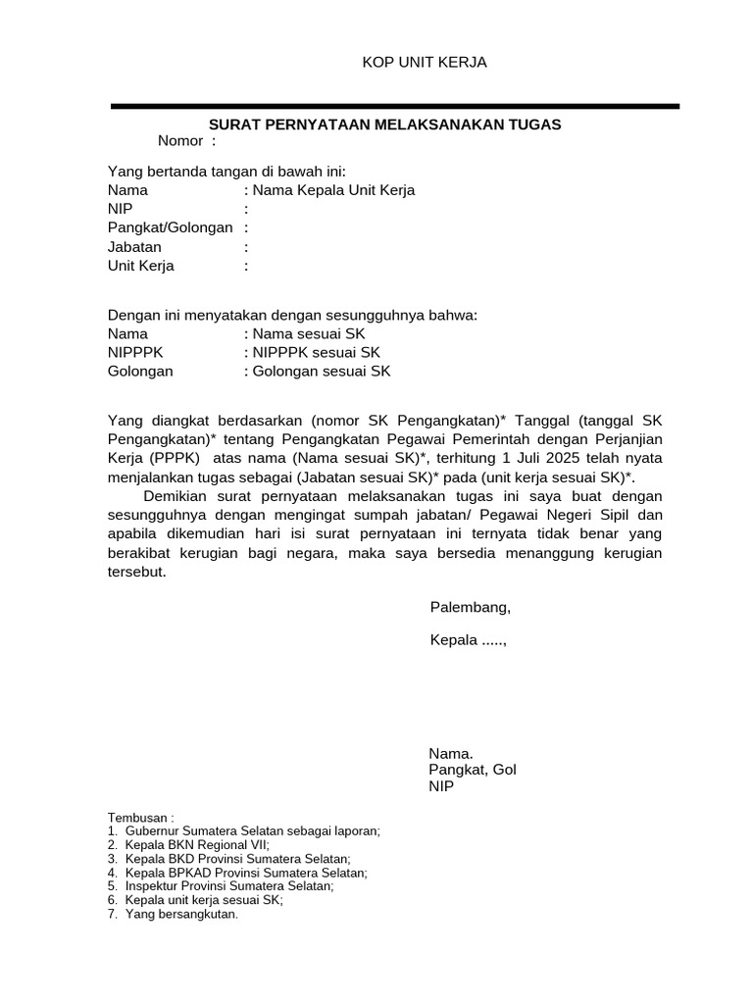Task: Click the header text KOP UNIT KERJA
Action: pos(425,63)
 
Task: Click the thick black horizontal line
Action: pos(394,106)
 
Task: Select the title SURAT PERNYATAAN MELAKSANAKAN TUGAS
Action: pos(385,124)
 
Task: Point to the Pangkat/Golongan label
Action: pos(170,227)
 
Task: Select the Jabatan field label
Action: pos(134,247)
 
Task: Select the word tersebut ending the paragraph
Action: pos(136,573)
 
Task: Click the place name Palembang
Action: pos(470,607)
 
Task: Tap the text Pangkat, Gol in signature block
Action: pos(472,770)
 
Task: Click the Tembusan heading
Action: pos(140,817)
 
